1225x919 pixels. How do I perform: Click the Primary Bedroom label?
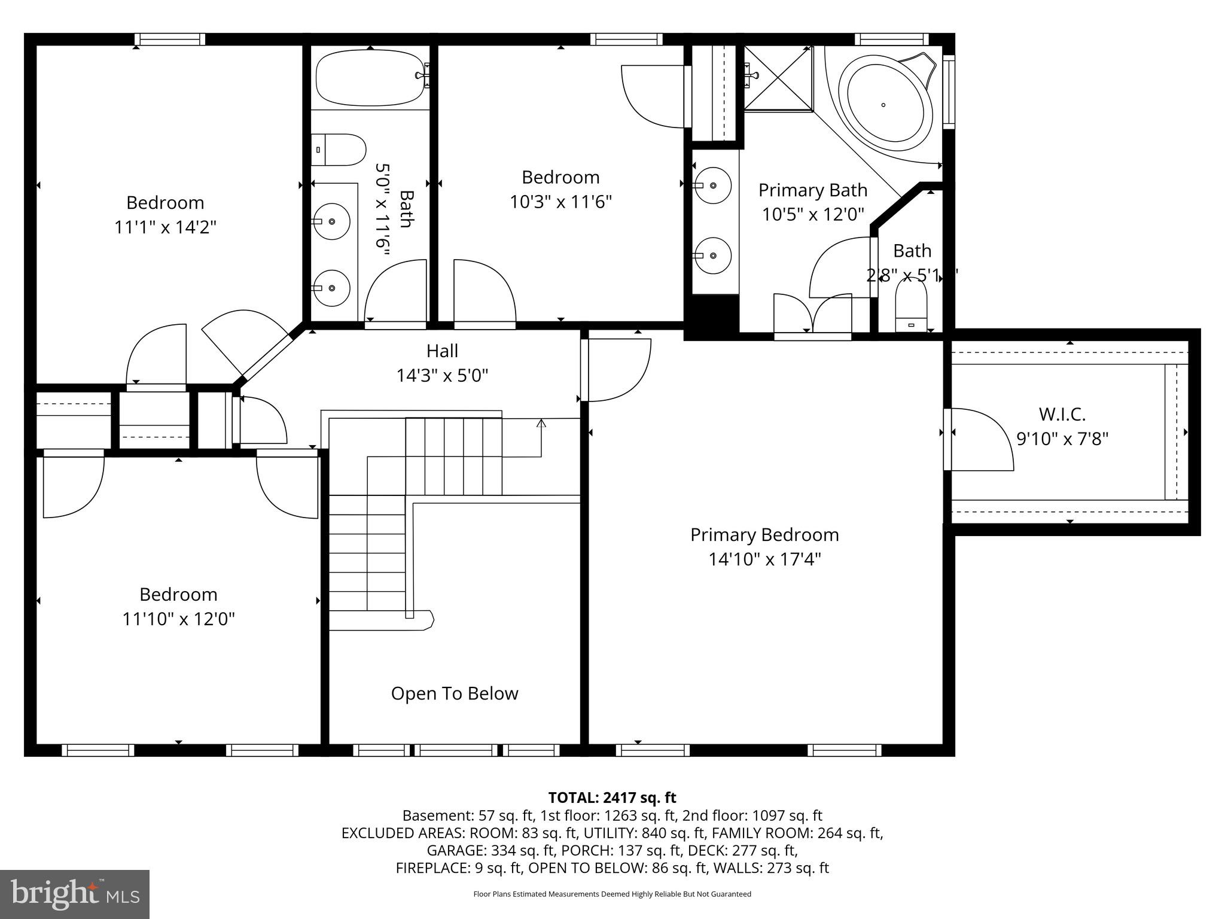pyautogui.click(x=764, y=534)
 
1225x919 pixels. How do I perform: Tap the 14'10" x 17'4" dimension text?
pyautogui.click(x=764, y=559)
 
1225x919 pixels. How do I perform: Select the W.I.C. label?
pyautogui.click(x=1062, y=414)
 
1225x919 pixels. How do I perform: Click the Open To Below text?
pyautogui.click(x=455, y=693)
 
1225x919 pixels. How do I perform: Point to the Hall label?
pyautogui.click(x=442, y=351)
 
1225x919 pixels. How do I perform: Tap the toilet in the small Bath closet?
pyautogui.click(x=910, y=305)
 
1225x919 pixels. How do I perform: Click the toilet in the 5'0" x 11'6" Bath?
pyautogui.click(x=339, y=150)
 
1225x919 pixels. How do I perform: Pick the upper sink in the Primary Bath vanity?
pyautogui.click(x=713, y=185)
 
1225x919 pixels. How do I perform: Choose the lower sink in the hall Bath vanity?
pyautogui.click(x=331, y=288)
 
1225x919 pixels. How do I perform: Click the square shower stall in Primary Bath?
pyautogui.click(x=778, y=78)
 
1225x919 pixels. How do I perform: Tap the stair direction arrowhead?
pyautogui.click(x=541, y=423)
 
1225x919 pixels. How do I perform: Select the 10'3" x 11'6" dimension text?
pyautogui.click(x=560, y=202)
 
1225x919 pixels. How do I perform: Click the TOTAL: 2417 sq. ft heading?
pyautogui.click(x=612, y=798)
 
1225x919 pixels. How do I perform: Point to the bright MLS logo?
pyautogui.click(x=75, y=894)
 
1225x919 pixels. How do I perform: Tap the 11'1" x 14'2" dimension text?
pyautogui.click(x=165, y=227)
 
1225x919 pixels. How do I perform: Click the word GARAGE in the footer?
pyautogui.click(x=456, y=850)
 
